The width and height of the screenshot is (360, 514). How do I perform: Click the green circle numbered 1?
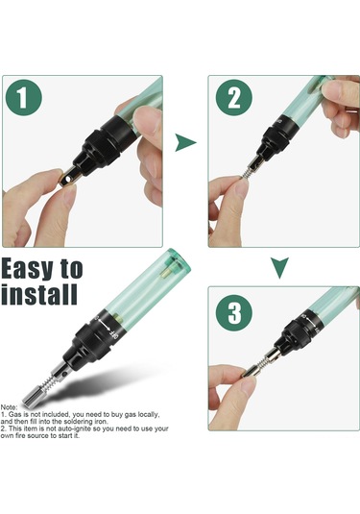pyautogui.click(x=24, y=98)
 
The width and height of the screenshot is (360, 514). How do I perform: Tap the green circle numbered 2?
pyautogui.click(x=234, y=97)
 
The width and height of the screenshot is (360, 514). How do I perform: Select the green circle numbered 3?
pyautogui.click(x=234, y=313)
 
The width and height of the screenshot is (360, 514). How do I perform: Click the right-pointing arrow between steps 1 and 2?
pyautogui.click(x=185, y=142)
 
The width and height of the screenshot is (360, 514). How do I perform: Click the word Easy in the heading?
pyautogui.click(x=27, y=270)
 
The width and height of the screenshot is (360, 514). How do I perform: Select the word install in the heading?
pyautogui.click(x=39, y=294)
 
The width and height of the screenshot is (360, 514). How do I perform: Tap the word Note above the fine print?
pyautogui.click(x=10, y=407)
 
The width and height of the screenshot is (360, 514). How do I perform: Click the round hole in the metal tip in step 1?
pyautogui.click(x=68, y=179)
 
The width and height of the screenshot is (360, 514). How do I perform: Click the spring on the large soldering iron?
pyautogui.click(x=47, y=381)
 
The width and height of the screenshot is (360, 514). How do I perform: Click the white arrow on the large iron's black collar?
pyautogui.click(x=105, y=326)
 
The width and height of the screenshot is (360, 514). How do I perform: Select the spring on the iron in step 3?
pyautogui.click(x=261, y=363)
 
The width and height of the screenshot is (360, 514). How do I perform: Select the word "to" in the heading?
pyautogui.click(x=71, y=270)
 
